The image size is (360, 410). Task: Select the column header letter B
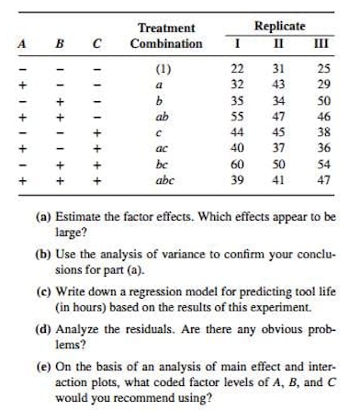click(x=61, y=43)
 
